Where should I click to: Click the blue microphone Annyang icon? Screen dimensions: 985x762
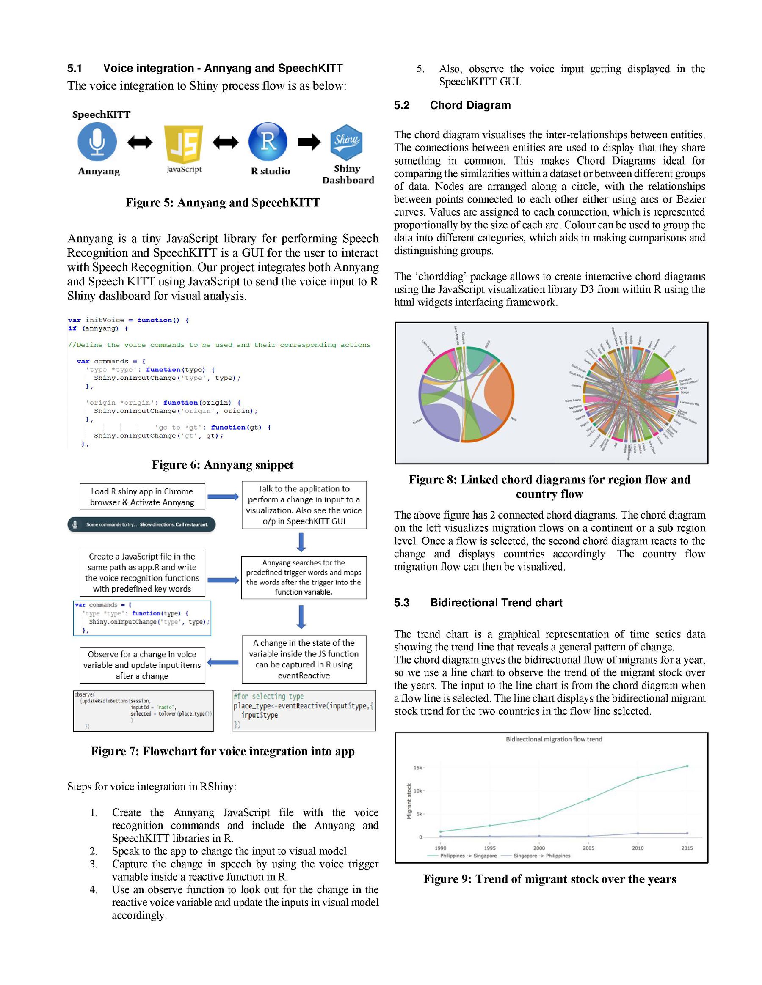click(x=97, y=142)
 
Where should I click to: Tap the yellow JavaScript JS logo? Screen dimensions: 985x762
click(x=184, y=143)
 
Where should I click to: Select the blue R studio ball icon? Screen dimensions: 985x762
click(x=268, y=141)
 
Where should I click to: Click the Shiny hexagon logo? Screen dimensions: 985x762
click(x=346, y=142)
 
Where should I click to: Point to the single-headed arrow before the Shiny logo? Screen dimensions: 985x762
click(x=309, y=142)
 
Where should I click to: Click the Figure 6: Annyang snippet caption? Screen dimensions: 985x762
click(x=223, y=464)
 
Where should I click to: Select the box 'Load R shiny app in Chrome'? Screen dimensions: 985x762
click(x=142, y=497)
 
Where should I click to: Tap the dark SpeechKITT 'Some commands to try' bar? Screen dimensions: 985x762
click(x=141, y=524)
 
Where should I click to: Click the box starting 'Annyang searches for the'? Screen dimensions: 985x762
click(x=304, y=577)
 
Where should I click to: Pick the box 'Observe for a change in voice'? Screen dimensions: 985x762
click(x=142, y=665)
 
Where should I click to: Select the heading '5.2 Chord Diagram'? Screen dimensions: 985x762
click(x=452, y=105)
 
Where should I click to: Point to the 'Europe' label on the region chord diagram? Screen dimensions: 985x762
click(x=417, y=421)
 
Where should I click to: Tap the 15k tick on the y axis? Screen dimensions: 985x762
click(x=417, y=768)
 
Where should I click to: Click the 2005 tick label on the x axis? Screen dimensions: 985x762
click(x=588, y=848)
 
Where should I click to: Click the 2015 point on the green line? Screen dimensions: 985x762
click(x=687, y=766)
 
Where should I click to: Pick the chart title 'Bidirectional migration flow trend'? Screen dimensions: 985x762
click(x=554, y=739)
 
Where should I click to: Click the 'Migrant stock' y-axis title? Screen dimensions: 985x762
click(x=409, y=801)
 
